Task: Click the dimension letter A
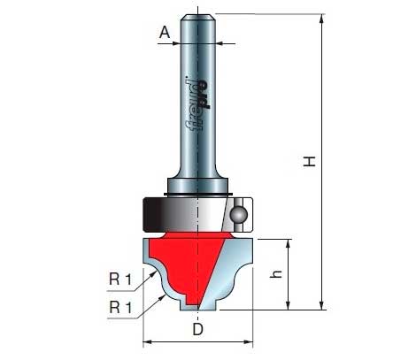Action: pyautogui.click(x=165, y=32)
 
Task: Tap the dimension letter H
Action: pyautogui.click(x=310, y=162)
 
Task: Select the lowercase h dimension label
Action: pyautogui.click(x=276, y=274)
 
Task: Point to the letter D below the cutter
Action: pyautogui.click(x=198, y=329)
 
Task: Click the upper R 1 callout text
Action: pyautogui.click(x=120, y=279)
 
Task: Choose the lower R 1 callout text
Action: pyautogui.click(x=120, y=308)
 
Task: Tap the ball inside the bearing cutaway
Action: pyautogui.click(x=238, y=214)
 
